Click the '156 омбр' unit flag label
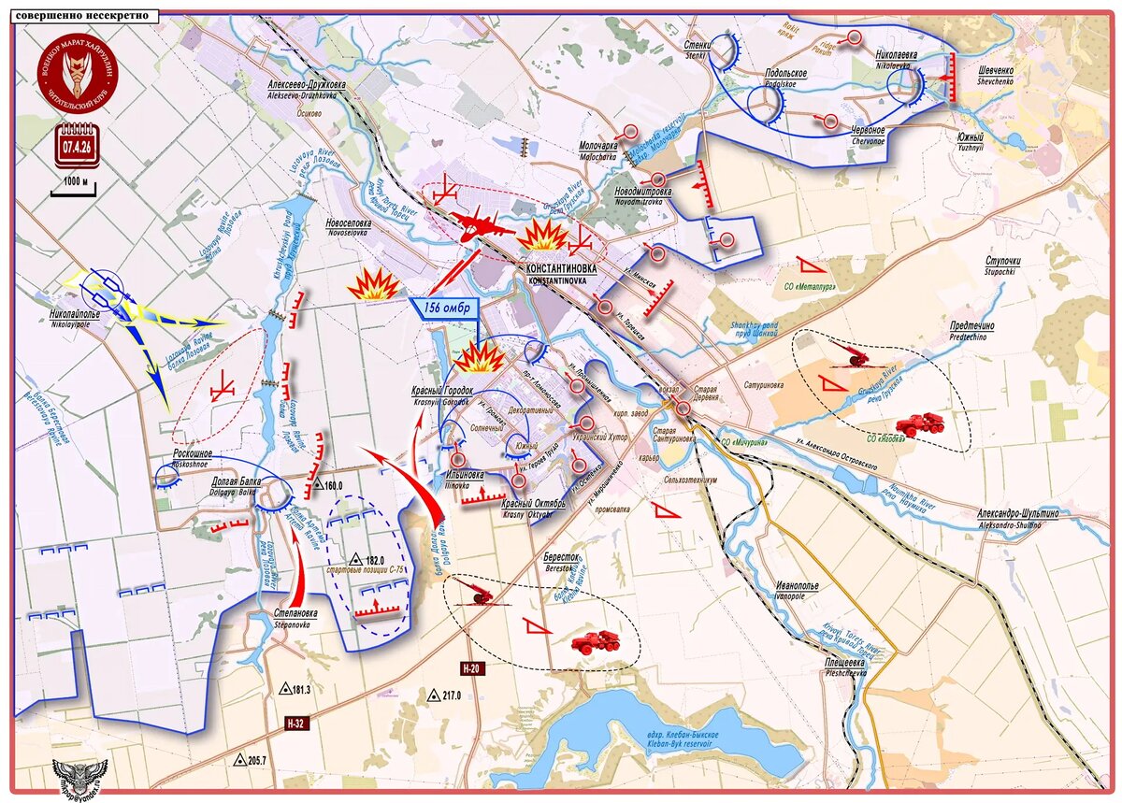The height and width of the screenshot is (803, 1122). [446, 308]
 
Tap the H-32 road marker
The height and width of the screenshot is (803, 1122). [296, 724]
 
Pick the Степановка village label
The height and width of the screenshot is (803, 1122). [295, 614]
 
